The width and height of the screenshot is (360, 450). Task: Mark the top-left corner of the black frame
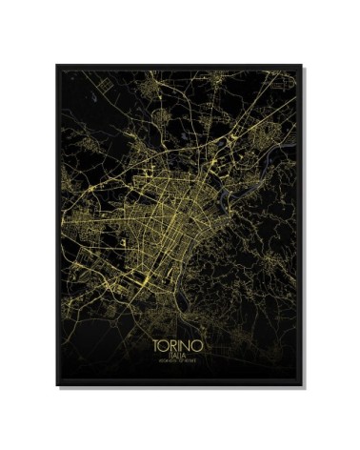coord(56,64)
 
